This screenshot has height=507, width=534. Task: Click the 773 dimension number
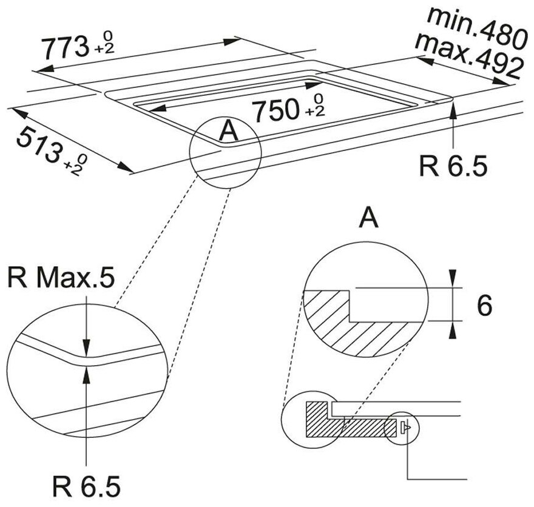pos(65,48)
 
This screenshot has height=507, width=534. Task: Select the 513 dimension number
pos(40,144)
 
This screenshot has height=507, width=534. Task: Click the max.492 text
pos(468,55)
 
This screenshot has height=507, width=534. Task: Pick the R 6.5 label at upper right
pos(453,166)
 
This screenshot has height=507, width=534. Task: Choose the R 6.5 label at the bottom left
pos(86,486)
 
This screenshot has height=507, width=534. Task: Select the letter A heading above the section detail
pos(368,218)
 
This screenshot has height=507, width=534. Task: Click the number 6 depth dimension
pos(484,306)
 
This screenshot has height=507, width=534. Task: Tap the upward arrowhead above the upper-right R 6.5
pos(453,110)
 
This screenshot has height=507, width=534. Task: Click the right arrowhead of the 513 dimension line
pos(125,167)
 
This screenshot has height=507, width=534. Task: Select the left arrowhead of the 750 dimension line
pos(157,108)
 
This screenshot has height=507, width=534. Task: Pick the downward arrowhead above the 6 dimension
pos(452,277)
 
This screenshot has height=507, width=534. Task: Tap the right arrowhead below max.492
pos(501,81)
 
